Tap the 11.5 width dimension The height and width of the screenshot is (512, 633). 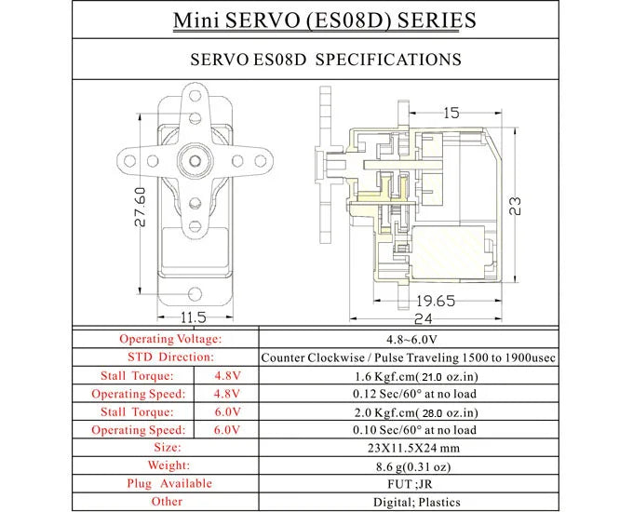pyautogui.click(x=194, y=317)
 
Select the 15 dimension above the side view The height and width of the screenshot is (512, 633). pyautogui.click(x=451, y=114)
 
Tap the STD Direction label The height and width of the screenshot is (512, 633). pyautogui.click(x=170, y=357)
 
